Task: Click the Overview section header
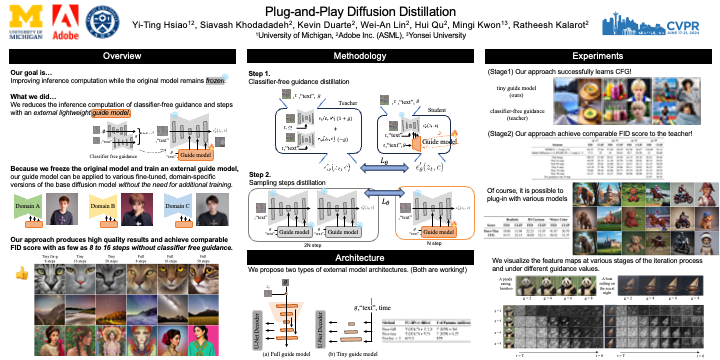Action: pos(121,56)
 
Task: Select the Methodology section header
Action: pos(361,56)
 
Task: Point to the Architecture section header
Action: pos(360,259)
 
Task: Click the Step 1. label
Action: pos(260,75)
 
